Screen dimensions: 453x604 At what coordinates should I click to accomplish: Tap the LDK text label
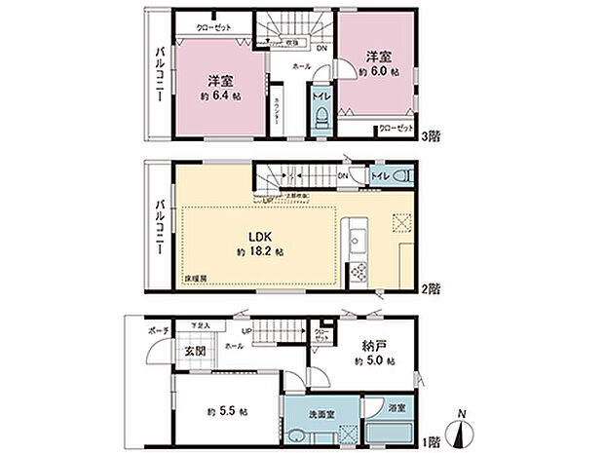click(x=258, y=236)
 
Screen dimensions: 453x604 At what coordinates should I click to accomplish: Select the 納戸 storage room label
click(x=369, y=344)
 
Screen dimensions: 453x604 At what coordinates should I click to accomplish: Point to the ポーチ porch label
click(x=160, y=331)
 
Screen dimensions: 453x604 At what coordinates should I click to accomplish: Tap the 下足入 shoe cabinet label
click(x=202, y=324)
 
